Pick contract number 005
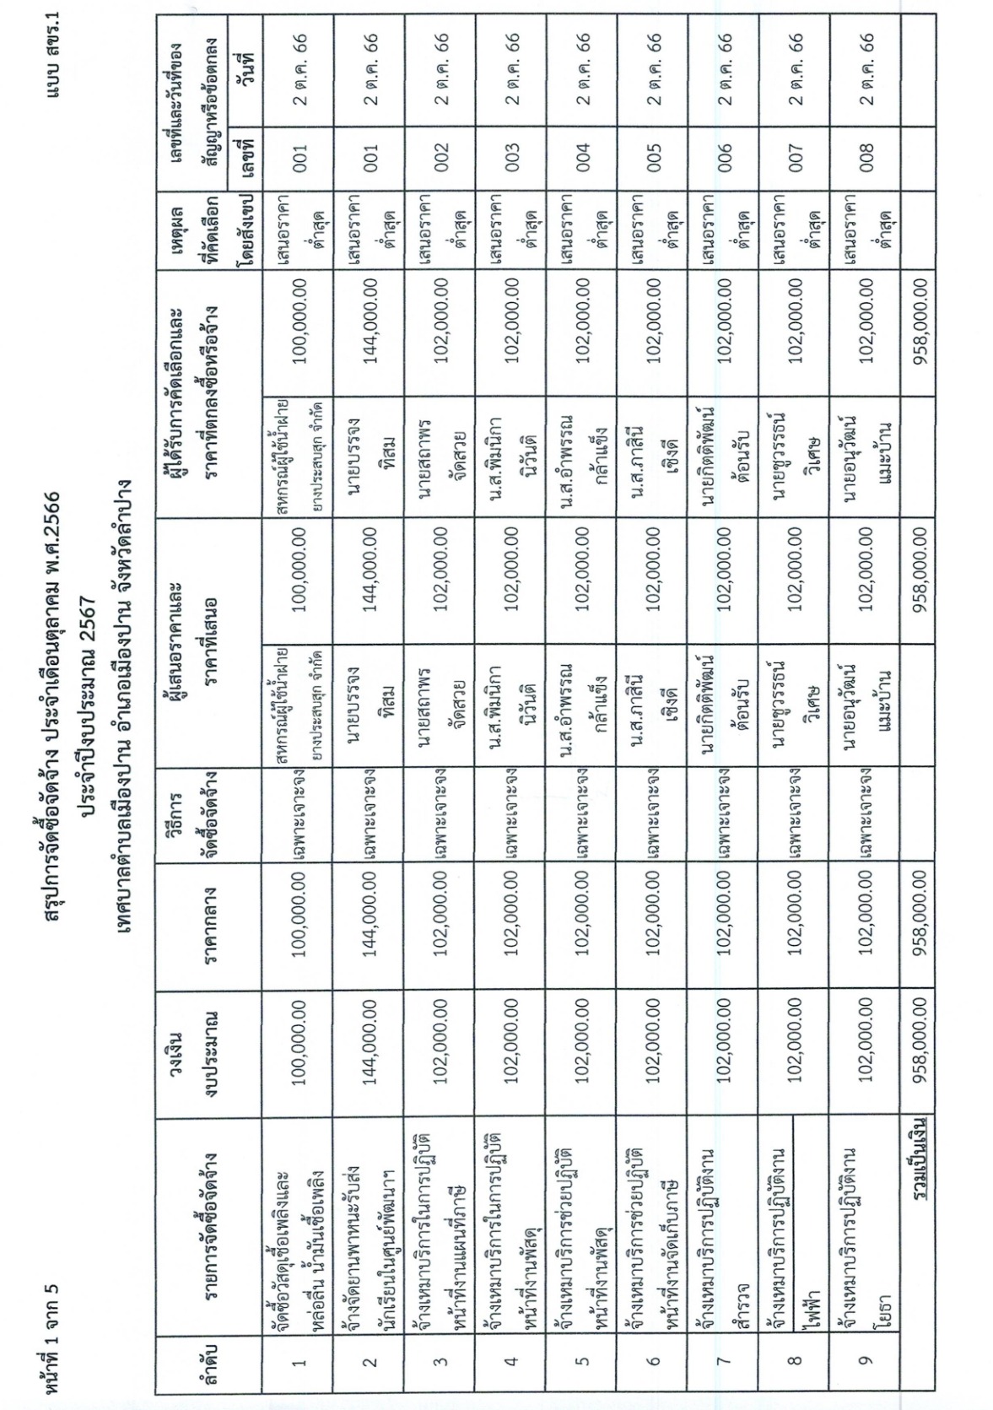pyautogui.click(x=655, y=159)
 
